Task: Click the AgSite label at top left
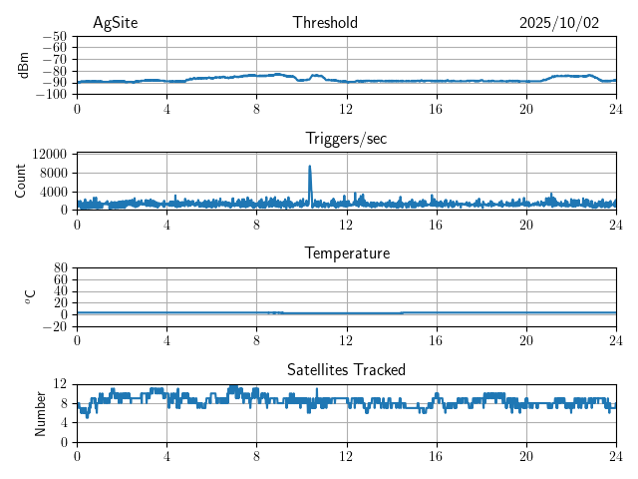[x=115, y=23]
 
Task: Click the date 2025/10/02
[x=559, y=23]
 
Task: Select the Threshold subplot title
[x=325, y=23]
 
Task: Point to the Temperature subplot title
[x=346, y=253]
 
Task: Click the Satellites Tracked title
[x=346, y=369]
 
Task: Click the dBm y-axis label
[x=24, y=65]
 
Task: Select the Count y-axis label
[x=20, y=181]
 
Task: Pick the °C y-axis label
[x=30, y=296]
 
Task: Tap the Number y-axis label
[x=40, y=412]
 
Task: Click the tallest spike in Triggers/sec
[x=310, y=167]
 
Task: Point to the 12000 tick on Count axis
[x=49, y=154]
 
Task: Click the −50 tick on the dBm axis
[x=54, y=36]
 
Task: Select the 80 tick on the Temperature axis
[x=60, y=268]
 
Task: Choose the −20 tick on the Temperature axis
[x=54, y=326]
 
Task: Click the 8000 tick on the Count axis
[x=53, y=173]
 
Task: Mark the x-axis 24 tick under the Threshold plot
[x=615, y=108]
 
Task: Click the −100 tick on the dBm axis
[x=51, y=95]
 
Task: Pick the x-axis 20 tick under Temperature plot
[x=525, y=339]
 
